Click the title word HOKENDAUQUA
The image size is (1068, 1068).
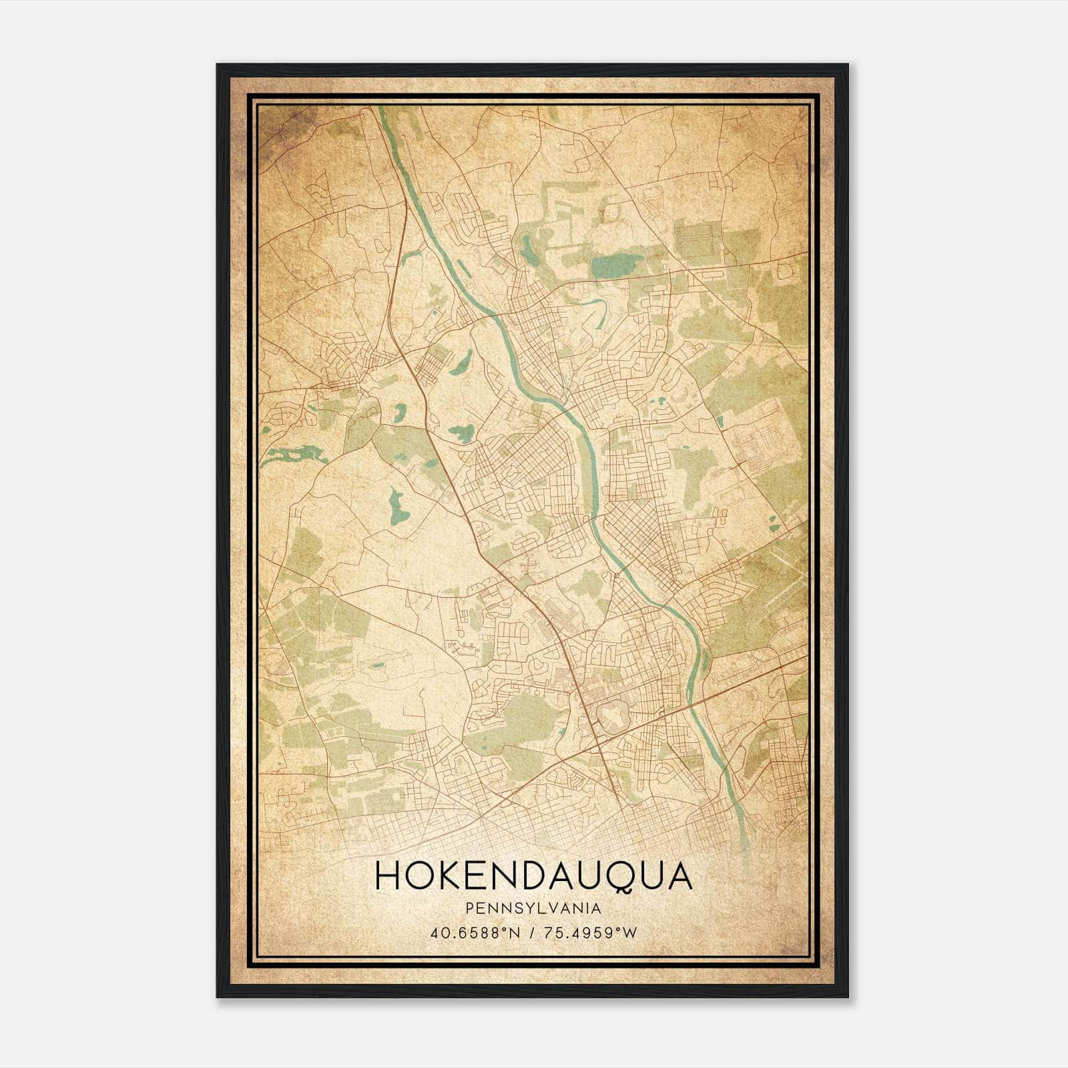(533, 876)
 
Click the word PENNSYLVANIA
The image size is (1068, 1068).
(533, 908)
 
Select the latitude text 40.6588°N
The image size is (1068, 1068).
(473, 932)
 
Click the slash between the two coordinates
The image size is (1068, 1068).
(532, 932)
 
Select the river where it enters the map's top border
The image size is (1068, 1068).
(382, 111)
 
